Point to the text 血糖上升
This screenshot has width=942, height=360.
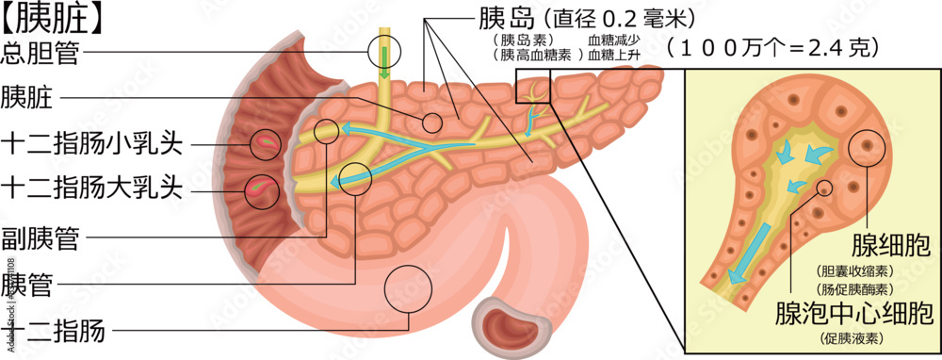coord(613,56)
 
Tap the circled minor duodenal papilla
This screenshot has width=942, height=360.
coord(265,143)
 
